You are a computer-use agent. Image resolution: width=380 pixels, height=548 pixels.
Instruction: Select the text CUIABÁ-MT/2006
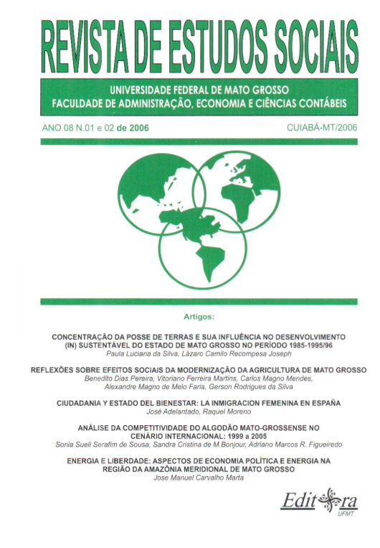[x=322, y=127]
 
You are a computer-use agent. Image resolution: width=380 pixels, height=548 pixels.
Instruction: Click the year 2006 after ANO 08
[x=136, y=127]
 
